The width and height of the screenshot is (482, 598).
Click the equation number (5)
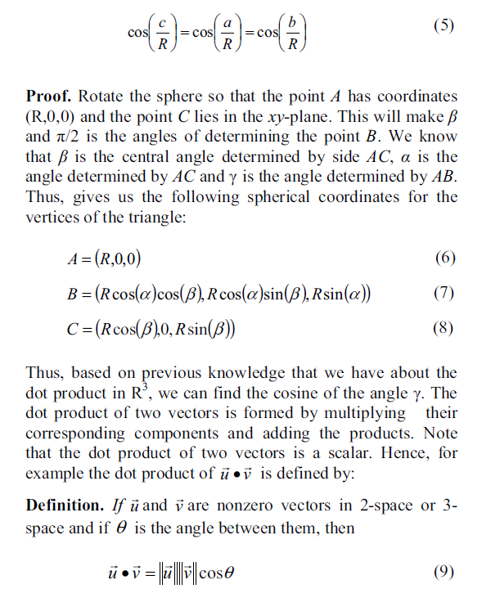443,25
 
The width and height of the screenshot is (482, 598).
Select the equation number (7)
443,294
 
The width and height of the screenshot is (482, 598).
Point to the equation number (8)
443,330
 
